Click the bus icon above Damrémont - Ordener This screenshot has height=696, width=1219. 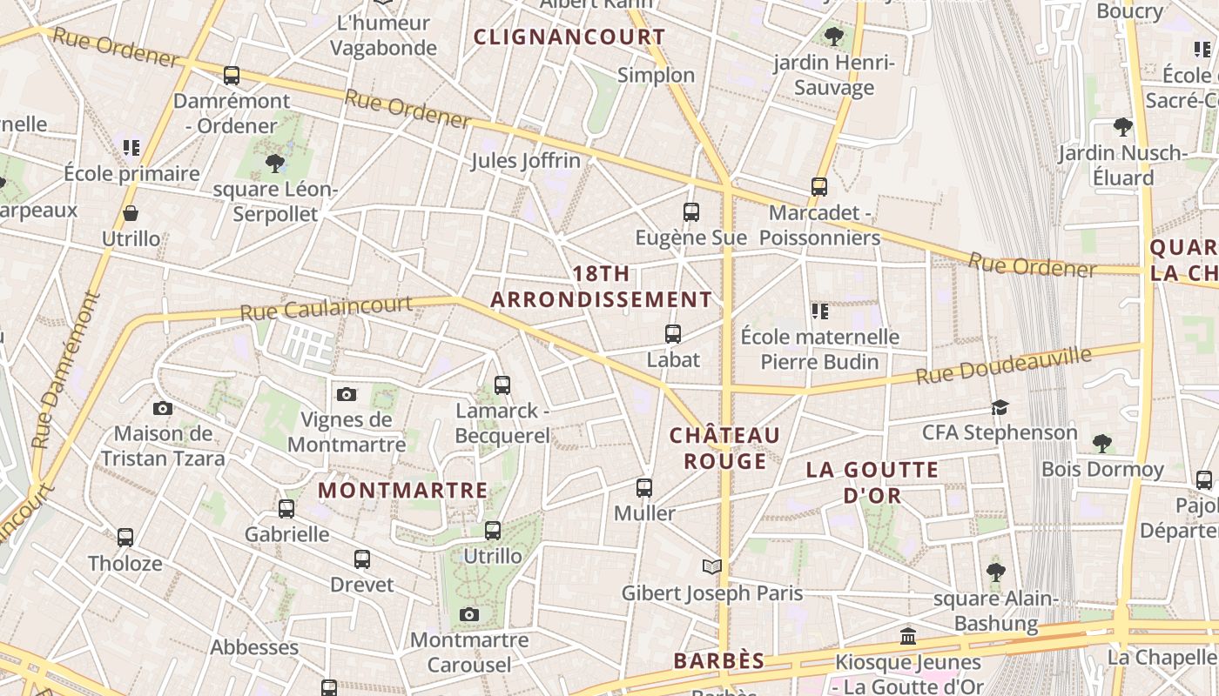pyautogui.click(x=231, y=76)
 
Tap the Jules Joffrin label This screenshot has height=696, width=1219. pyautogui.click(x=525, y=160)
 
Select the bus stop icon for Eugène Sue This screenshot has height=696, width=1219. pyautogui.click(x=691, y=212)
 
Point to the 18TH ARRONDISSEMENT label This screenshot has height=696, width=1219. pyautogui.click(x=601, y=286)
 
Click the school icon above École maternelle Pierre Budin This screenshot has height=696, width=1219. pyautogui.click(x=819, y=311)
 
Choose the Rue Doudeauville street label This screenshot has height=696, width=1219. pyautogui.click(x=1003, y=366)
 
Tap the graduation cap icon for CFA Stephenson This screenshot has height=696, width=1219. pyautogui.click(x=1000, y=407)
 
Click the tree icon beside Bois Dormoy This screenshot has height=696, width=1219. pyautogui.click(x=1102, y=444)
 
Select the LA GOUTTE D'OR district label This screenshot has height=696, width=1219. pyautogui.click(x=872, y=482)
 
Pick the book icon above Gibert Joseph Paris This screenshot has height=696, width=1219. pyautogui.click(x=712, y=567)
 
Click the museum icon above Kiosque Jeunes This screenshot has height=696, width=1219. pyautogui.click(x=908, y=637)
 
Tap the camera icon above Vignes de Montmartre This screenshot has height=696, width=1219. pyautogui.click(x=347, y=395)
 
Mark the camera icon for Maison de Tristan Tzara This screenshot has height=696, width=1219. pyautogui.click(x=163, y=408)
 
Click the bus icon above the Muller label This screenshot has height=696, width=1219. pyautogui.click(x=644, y=488)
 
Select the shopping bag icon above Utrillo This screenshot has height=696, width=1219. pyautogui.click(x=131, y=213)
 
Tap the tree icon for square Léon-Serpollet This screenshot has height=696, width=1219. pyautogui.click(x=275, y=163)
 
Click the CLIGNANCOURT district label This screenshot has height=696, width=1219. pyautogui.click(x=569, y=37)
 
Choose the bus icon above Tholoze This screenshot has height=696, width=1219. pyautogui.click(x=125, y=538)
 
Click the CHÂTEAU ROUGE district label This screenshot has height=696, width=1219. pyautogui.click(x=724, y=447)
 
